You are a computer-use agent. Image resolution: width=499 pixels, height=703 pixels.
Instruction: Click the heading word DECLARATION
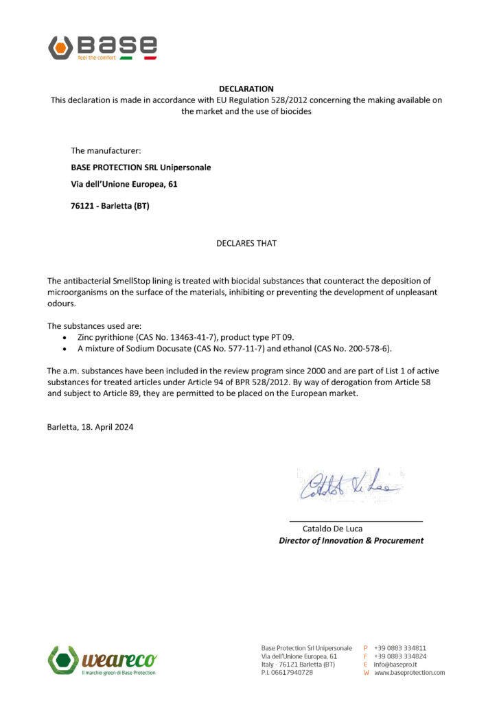click(x=246, y=89)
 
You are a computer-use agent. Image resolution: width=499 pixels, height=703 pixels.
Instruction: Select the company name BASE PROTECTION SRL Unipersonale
click(x=141, y=168)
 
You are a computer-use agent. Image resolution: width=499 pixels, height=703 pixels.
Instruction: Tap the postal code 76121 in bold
click(x=83, y=206)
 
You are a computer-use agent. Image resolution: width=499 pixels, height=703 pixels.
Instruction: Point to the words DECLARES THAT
click(x=246, y=243)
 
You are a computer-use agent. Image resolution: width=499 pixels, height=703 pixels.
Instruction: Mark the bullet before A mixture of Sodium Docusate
click(x=65, y=349)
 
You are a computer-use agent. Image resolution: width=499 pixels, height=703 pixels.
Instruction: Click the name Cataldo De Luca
click(x=332, y=529)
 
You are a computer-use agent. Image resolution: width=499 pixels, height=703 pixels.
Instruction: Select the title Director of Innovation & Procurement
click(x=351, y=540)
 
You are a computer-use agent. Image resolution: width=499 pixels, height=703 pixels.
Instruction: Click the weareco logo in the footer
click(x=102, y=661)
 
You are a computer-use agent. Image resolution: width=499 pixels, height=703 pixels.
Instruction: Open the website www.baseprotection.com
click(x=409, y=673)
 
